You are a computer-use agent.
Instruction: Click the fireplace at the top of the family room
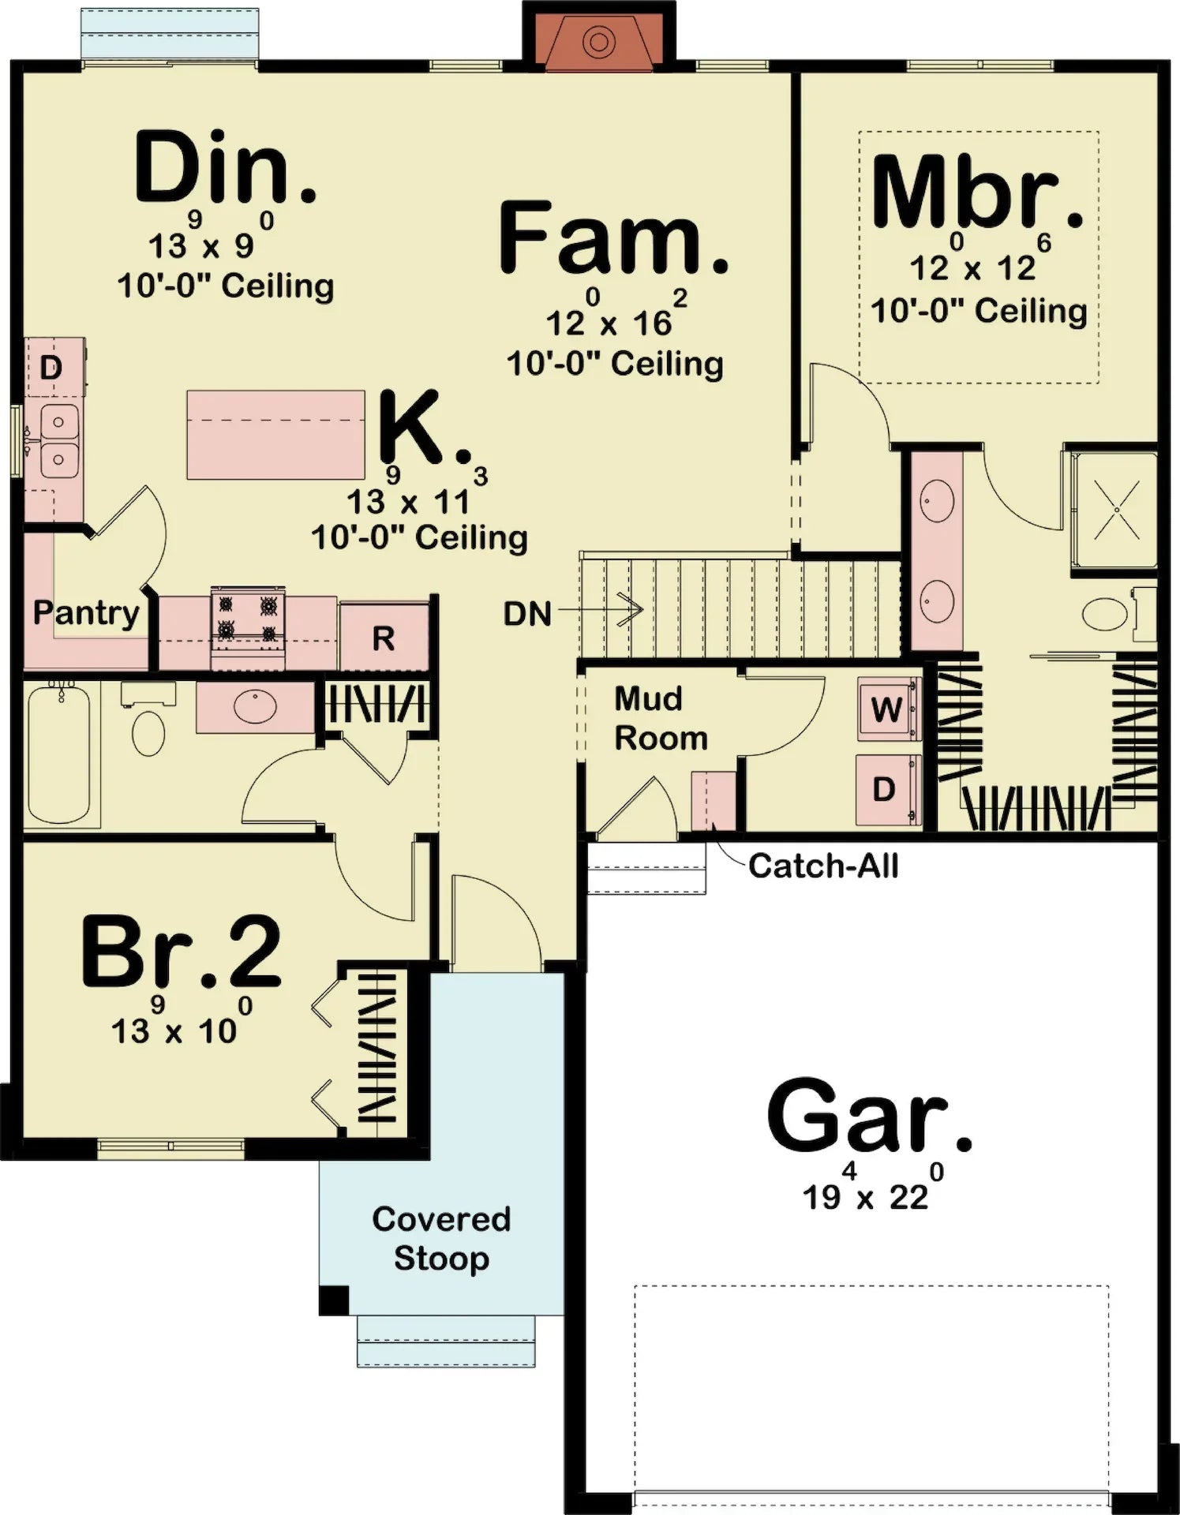(599, 39)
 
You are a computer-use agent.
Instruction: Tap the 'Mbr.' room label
(976, 193)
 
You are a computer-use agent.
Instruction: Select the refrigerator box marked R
(384, 638)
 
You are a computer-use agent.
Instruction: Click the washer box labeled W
(888, 709)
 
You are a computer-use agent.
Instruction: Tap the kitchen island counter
(275, 435)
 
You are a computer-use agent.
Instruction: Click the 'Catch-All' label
(822, 866)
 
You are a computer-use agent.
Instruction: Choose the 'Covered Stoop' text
(441, 1238)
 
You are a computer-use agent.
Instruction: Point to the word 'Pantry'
(85, 612)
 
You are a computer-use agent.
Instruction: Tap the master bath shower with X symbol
(1116, 511)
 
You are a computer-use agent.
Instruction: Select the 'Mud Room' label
(659, 718)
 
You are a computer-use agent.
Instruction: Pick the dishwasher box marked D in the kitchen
(51, 367)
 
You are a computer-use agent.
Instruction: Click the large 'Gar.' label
(867, 1117)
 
